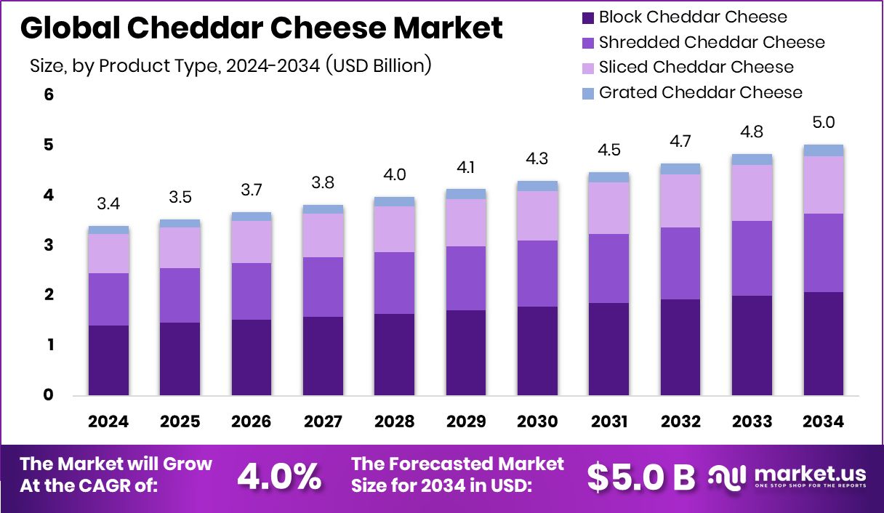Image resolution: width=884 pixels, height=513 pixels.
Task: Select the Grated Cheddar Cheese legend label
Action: click(700, 93)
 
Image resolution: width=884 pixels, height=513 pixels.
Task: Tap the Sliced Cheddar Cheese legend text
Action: click(696, 68)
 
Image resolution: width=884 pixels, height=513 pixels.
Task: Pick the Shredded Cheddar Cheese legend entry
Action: click(712, 42)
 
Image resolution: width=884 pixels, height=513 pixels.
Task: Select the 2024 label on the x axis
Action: click(108, 421)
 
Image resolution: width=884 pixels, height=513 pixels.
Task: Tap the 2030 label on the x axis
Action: click(537, 421)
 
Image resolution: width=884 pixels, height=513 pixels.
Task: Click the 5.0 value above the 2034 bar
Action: click(823, 122)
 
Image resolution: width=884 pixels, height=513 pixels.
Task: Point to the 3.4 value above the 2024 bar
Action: click(108, 203)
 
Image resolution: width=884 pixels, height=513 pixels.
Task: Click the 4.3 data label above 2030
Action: click(537, 158)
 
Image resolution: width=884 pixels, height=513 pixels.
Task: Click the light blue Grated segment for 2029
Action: click(466, 194)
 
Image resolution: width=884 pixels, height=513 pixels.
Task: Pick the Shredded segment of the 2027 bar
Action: click(323, 286)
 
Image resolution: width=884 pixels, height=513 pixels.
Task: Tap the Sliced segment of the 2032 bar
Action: click(680, 201)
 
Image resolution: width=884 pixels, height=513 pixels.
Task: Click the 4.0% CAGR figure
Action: click(280, 477)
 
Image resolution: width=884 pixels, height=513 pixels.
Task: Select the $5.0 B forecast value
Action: click(640, 477)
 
